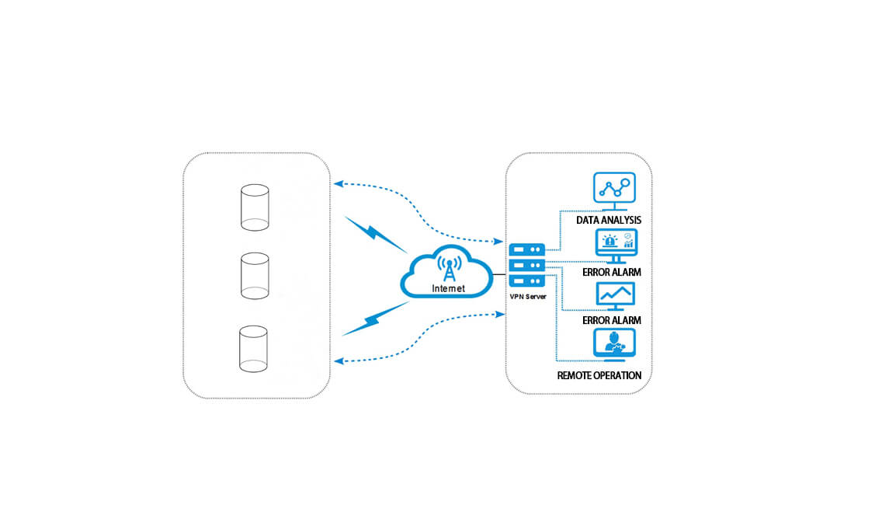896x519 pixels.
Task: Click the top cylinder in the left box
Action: pyautogui.click(x=254, y=207)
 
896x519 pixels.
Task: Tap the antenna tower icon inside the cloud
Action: pyautogui.click(x=446, y=266)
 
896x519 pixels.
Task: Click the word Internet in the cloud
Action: pyautogui.click(x=448, y=288)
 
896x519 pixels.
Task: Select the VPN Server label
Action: pyautogui.click(x=528, y=295)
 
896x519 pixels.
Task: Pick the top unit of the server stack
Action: pyautogui.click(x=528, y=250)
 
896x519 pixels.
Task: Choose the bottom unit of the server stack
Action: pyautogui.click(x=528, y=280)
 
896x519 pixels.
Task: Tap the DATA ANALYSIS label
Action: pyautogui.click(x=609, y=221)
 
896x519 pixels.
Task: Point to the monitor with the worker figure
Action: pyautogui.click(x=614, y=343)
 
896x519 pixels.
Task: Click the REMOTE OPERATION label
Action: pyautogui.click(x=599, y=375)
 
